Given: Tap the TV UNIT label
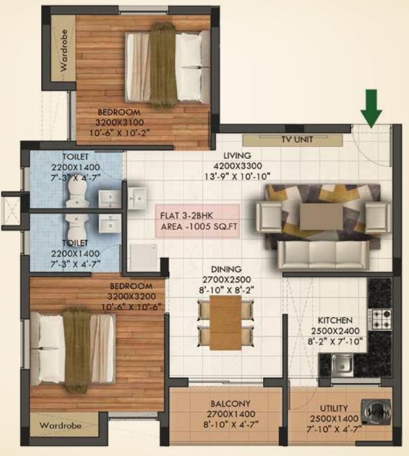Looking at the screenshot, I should (297, 139).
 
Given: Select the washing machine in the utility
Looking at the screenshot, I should (376, 412).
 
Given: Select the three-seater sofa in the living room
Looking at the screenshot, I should (319, 255).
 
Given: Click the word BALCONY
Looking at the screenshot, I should (226, 404).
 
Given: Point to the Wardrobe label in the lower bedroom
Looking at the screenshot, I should (60, 426).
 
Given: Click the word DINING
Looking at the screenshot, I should (226, 269).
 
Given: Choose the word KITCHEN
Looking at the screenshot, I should (335, 321).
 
